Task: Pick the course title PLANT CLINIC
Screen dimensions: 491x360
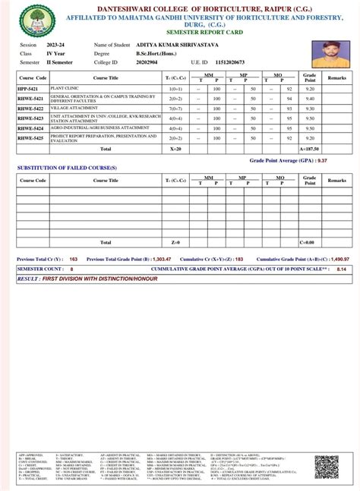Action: pyautogui.click(x=67, y=88)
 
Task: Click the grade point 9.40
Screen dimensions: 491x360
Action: pyautogui.click(x=310, y=99)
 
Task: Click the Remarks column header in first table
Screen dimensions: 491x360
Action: pyautogui.click(x=336, y=77)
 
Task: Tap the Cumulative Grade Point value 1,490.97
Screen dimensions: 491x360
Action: pyautogui.click(x=331, y=259)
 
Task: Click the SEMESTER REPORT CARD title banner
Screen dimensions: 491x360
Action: pyautogui.click(x=180, y=33)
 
